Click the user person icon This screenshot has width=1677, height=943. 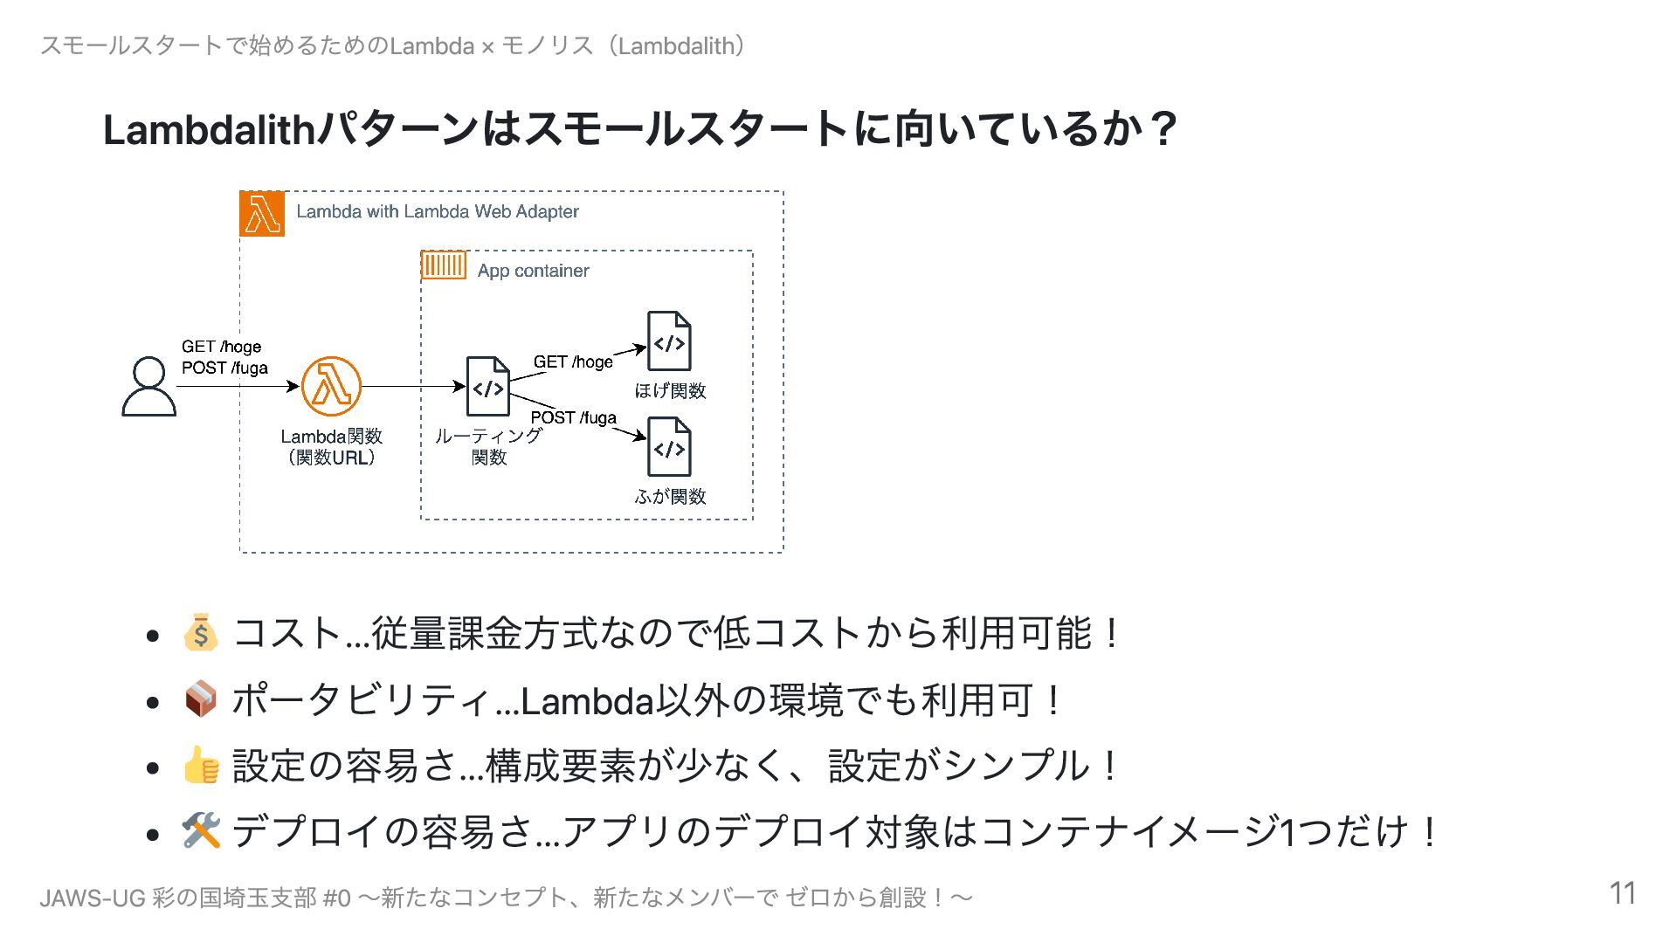pyautogui.click(x=148, y=386)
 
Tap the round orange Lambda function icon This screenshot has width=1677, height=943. pyautogui.click(x=331, y=386)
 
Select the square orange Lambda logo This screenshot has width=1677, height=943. pyautogui.click(x=262, y=214)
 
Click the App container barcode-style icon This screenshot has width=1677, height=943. pyautogui.click(x=444, y=265)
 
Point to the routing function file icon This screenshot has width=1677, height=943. pyautogui.click(x=487, y=386)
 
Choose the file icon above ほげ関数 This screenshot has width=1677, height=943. pyautogui.click(x=669, y=341)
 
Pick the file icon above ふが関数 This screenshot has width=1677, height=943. pyautogui.click(x=669, y=448)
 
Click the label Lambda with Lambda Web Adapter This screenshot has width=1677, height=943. pyautogui.click(x=437, y=211)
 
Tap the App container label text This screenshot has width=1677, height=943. pyautogui.click(x=533, y=271)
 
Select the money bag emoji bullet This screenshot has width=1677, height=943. pyautogui.click(x=200, y=633)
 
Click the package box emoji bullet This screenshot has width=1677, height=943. pyautogui.click(x=200, y=699)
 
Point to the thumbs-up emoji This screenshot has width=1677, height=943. pyautogui.click(x=200, y=765)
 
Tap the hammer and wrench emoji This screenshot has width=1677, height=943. pyautogui.click(x=200, y=830)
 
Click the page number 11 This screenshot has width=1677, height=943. pyautogui.click(x=1622, y=893)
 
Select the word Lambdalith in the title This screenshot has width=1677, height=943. pyautogui.click(x=208, y=129)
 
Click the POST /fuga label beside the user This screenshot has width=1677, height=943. pyautogui.click(x=224, y=368)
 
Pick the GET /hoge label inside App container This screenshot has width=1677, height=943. pyautogui.click(x=573, y=361)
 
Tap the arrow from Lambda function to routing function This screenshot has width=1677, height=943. pyautogui.click(x=411, y=386)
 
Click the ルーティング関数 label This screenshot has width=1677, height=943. pyautogui.click(x=488, y=446)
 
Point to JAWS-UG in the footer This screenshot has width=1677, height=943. pyautogui.click(x=92, y=898)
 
